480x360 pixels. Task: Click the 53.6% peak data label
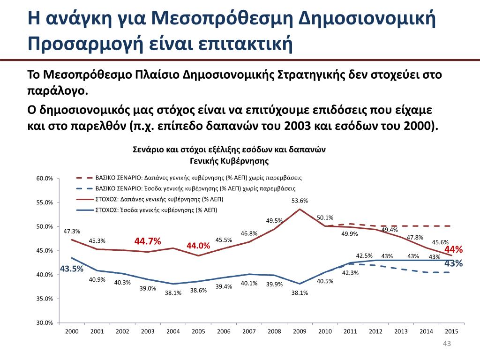pyautogui.click(x=300, y=201)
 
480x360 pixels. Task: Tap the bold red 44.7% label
pyautogui.click(x=148, y=241)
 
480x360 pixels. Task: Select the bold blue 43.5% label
pyautogui.click(x=72, y=269)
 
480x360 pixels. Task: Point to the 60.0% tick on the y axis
pyautogui.click(x=45, y=179)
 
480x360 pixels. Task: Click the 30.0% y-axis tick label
pyautogui.click(x=45, y=323)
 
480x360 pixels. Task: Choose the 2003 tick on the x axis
pyautogui.click(x=148, y=331)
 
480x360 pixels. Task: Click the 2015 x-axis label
pyautogui.click(x=451, y=331)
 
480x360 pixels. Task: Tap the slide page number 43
pyautogui.click(x=447, y=345)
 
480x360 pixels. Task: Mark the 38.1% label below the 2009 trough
pyautogui.click(x=300, y=293)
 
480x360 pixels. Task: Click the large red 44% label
pyautogui.click(x=453, y=249)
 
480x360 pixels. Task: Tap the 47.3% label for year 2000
pyautogui.click(x=72, y=231)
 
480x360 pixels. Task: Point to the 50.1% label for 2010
pyautogui.click(x=325, y=217)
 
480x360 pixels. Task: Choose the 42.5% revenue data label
pyautogui.click(x=364, y=256)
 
